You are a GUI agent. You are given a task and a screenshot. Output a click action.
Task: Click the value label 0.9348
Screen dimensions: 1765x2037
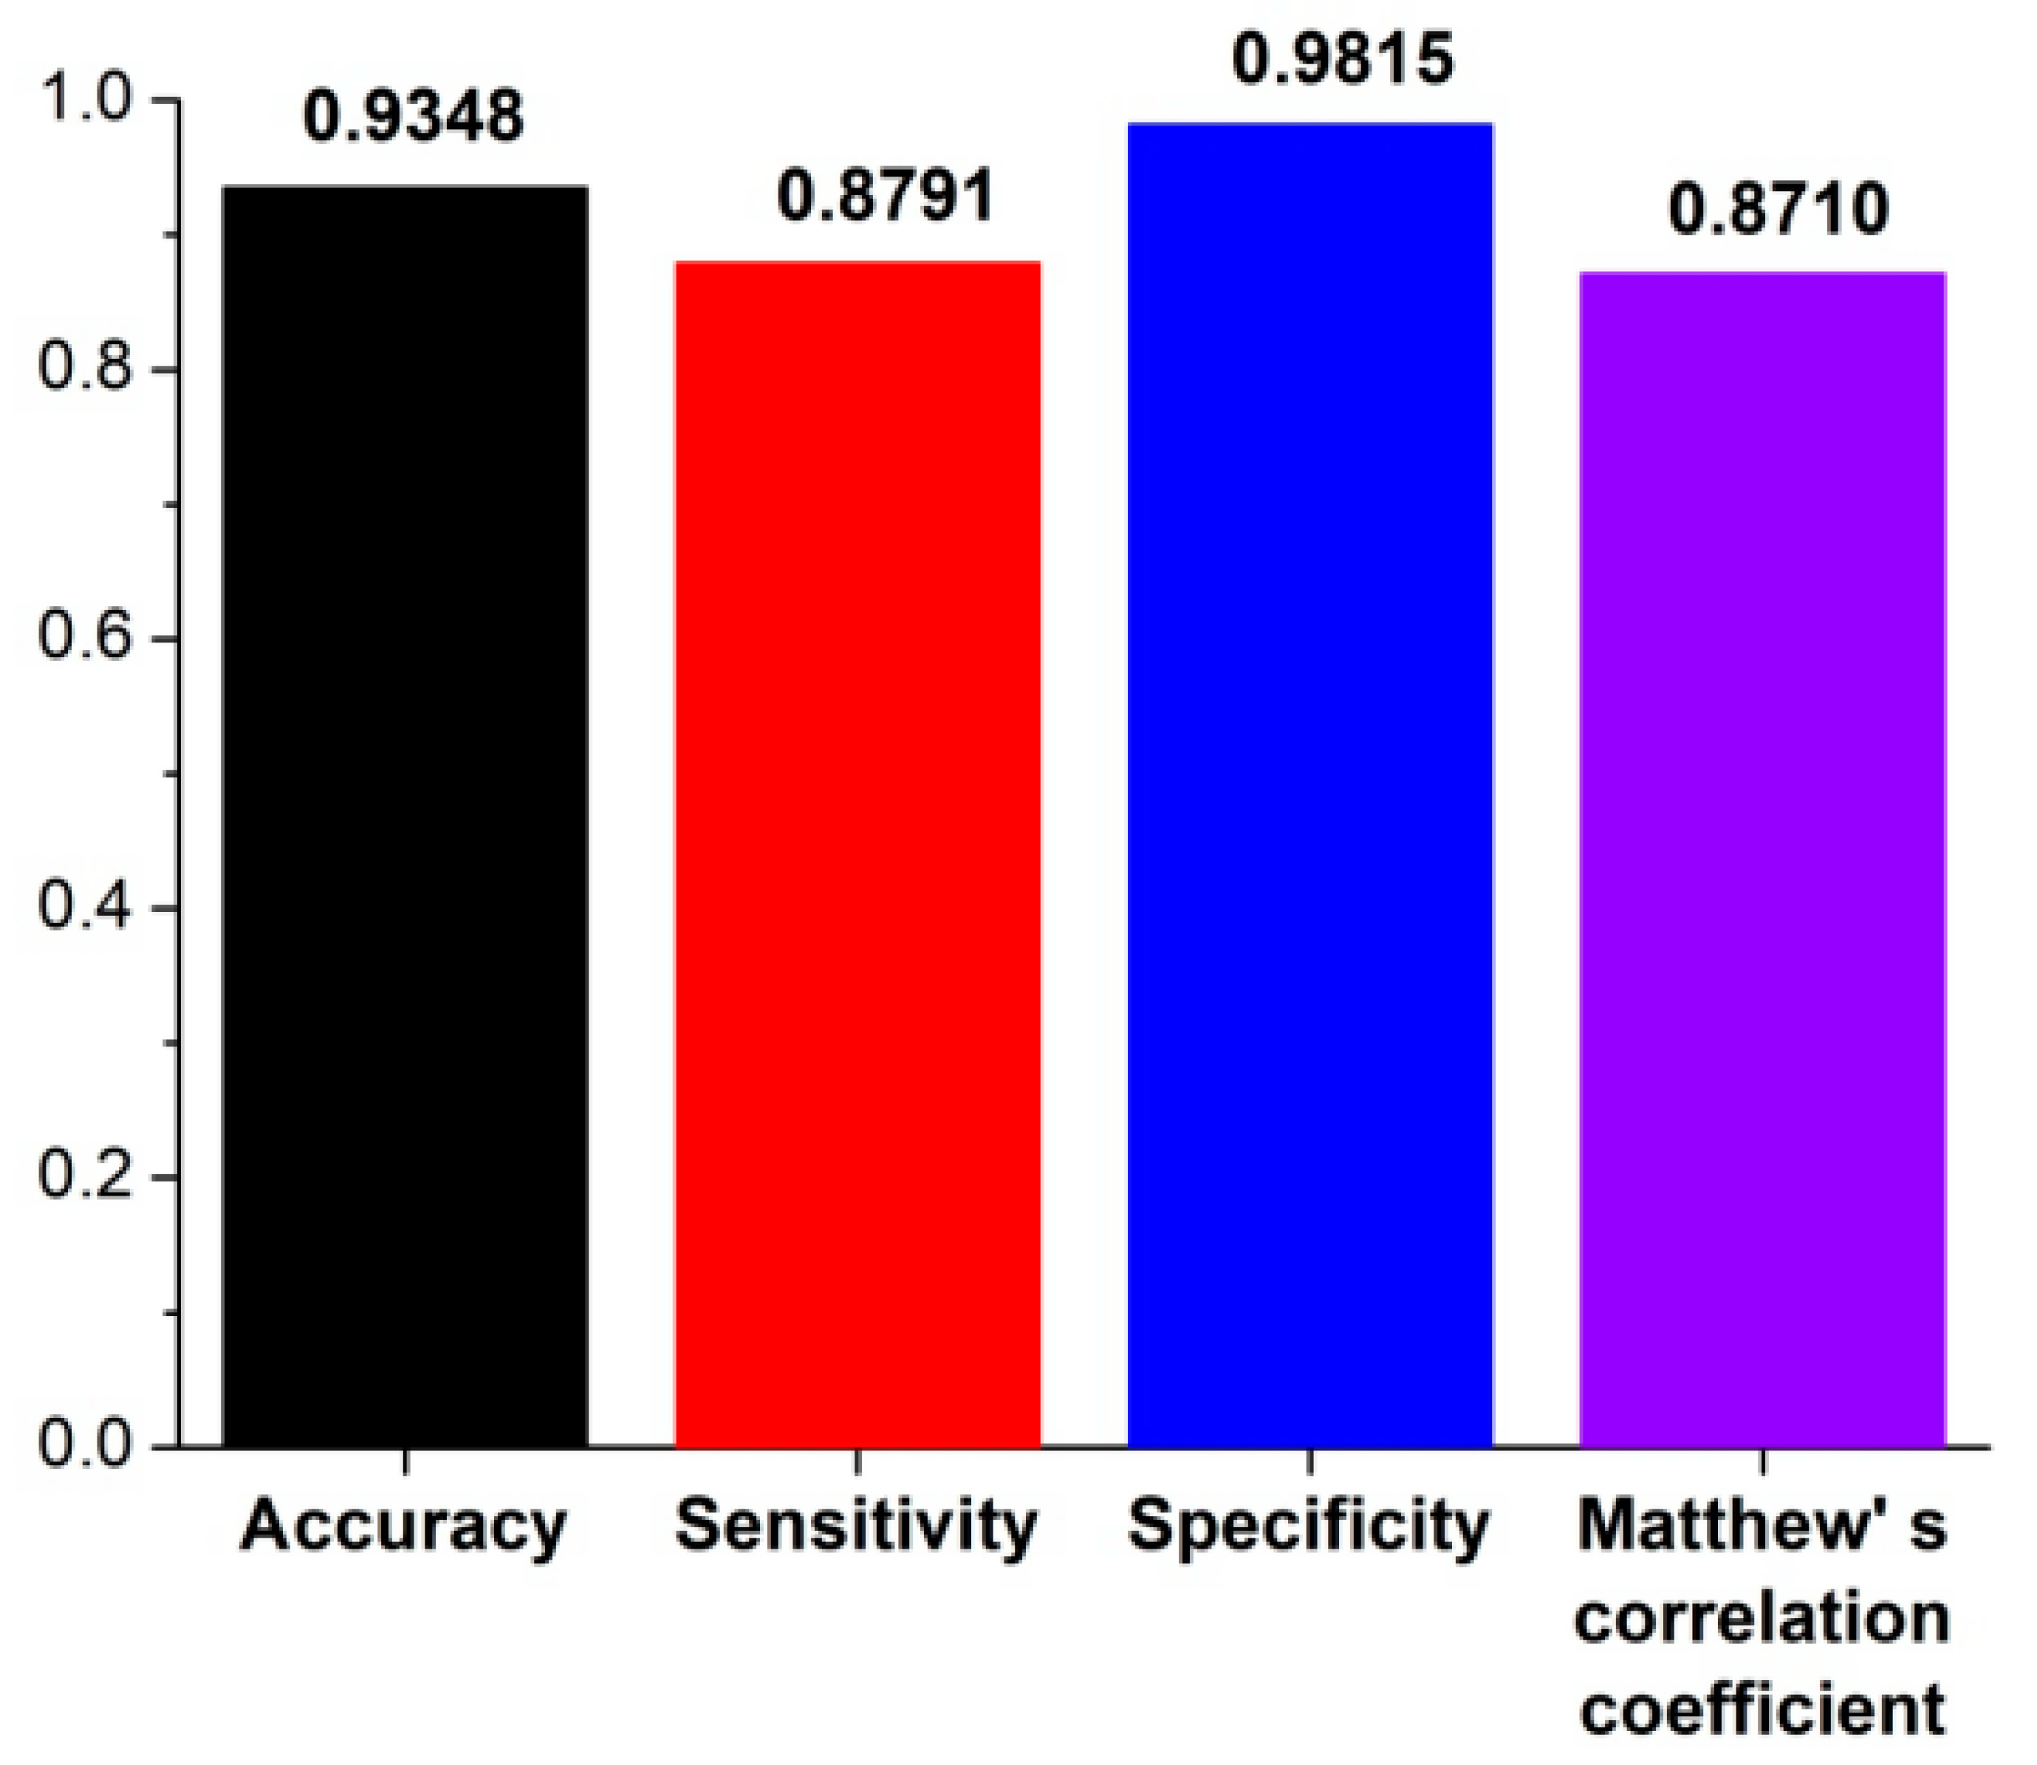tap(413, 116)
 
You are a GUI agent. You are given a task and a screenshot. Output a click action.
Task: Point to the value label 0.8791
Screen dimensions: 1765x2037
tap(886, 195)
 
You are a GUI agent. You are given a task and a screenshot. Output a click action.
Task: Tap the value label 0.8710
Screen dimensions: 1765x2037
tap(1778, 210)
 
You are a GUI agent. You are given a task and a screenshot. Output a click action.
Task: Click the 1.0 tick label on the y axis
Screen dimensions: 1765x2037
tap(83, 101)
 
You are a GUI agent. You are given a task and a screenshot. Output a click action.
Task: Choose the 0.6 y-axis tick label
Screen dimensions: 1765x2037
tap(83, 640)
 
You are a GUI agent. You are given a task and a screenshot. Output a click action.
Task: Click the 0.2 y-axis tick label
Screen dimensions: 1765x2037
tap(83, 1178)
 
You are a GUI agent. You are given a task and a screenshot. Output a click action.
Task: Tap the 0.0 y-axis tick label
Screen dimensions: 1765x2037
tap(83, 1446)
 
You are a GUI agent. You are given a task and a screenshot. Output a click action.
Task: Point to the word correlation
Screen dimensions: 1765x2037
tap(1762, 1620)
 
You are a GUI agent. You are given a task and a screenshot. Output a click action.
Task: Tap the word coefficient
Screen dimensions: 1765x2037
tap(1762, 1712)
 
